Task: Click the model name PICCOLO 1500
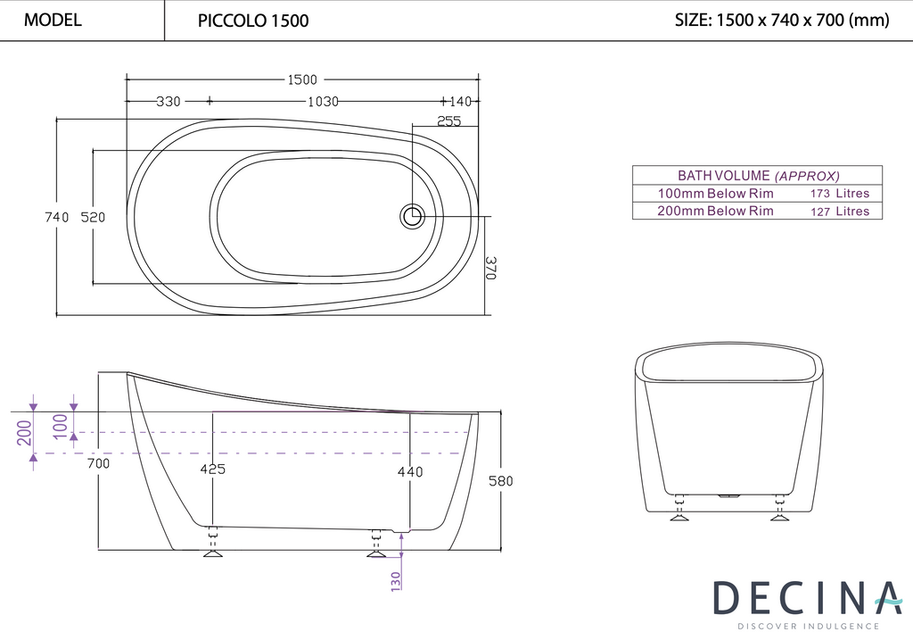pyautogui.click(x=252, y=21)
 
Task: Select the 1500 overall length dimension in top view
pyautogui.click(x=301, y=80)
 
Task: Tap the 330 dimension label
pyautogui.click(x=168, y=102)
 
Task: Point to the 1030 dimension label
pyautogui.click(x=323, y=102)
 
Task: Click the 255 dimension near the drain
pyautogui.click(x=449, y=121)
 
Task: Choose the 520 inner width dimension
pyautogui.click(x=93, y=217)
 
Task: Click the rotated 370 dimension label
pyautogui.click(x=490, y=268)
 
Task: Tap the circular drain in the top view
pyautogui.click(x=412, y=215)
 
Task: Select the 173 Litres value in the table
pyautogui.click(x=839, y=194)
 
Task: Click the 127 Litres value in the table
pyautogui.click(x=839, y=212)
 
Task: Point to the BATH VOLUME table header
pyautogui.click(x=758, y=176)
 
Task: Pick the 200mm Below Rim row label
pyautogui.click(x=715, y=212)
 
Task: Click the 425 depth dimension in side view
pyautogui.click(x=212, y=470)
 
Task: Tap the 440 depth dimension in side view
pyautogui.click(x=409, y=471)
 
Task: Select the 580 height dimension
pyautogui.click(x=500, y=481)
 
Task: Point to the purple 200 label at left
pyautogui.click(x=23, y=433)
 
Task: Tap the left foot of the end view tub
pyautogui.click(x=680, y=512)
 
